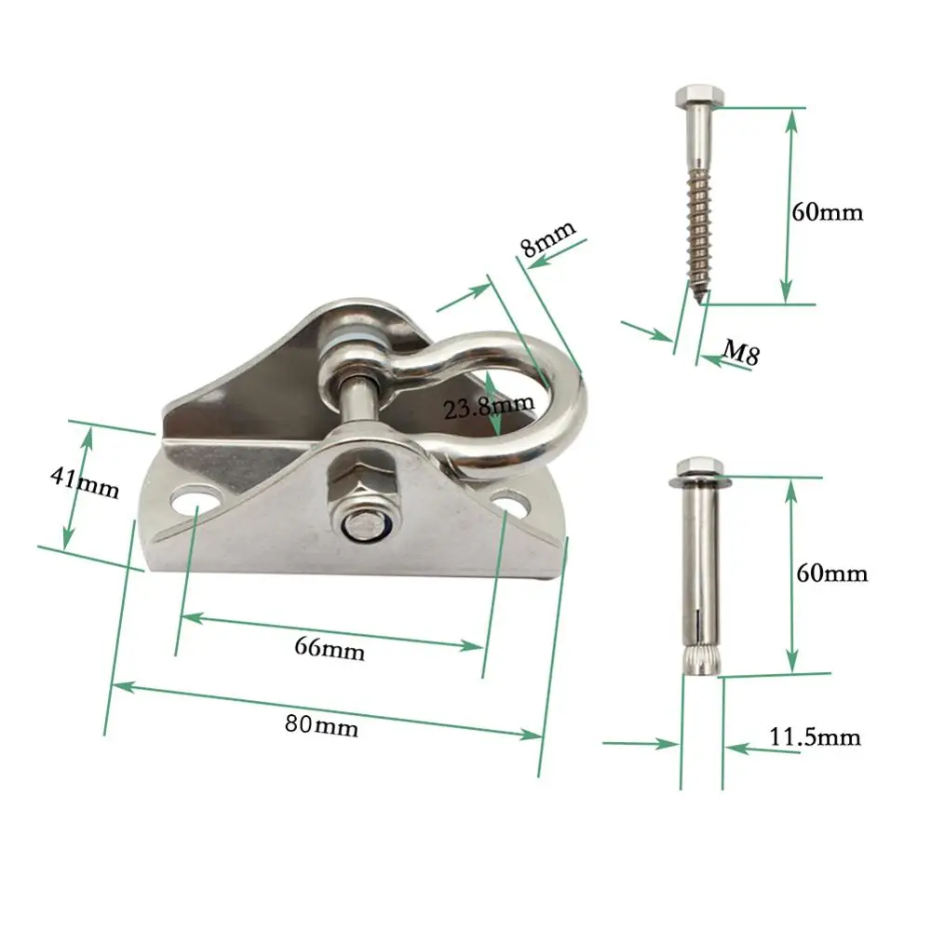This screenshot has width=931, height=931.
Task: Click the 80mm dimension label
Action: [x=321, y=725]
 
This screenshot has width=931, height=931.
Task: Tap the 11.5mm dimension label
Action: [x=815, y=738]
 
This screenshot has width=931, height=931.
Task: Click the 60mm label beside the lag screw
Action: [x=828, y=211]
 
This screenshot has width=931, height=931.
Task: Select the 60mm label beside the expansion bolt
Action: [x=831, y=573]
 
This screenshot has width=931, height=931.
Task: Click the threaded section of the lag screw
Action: [x=695, y=223]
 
